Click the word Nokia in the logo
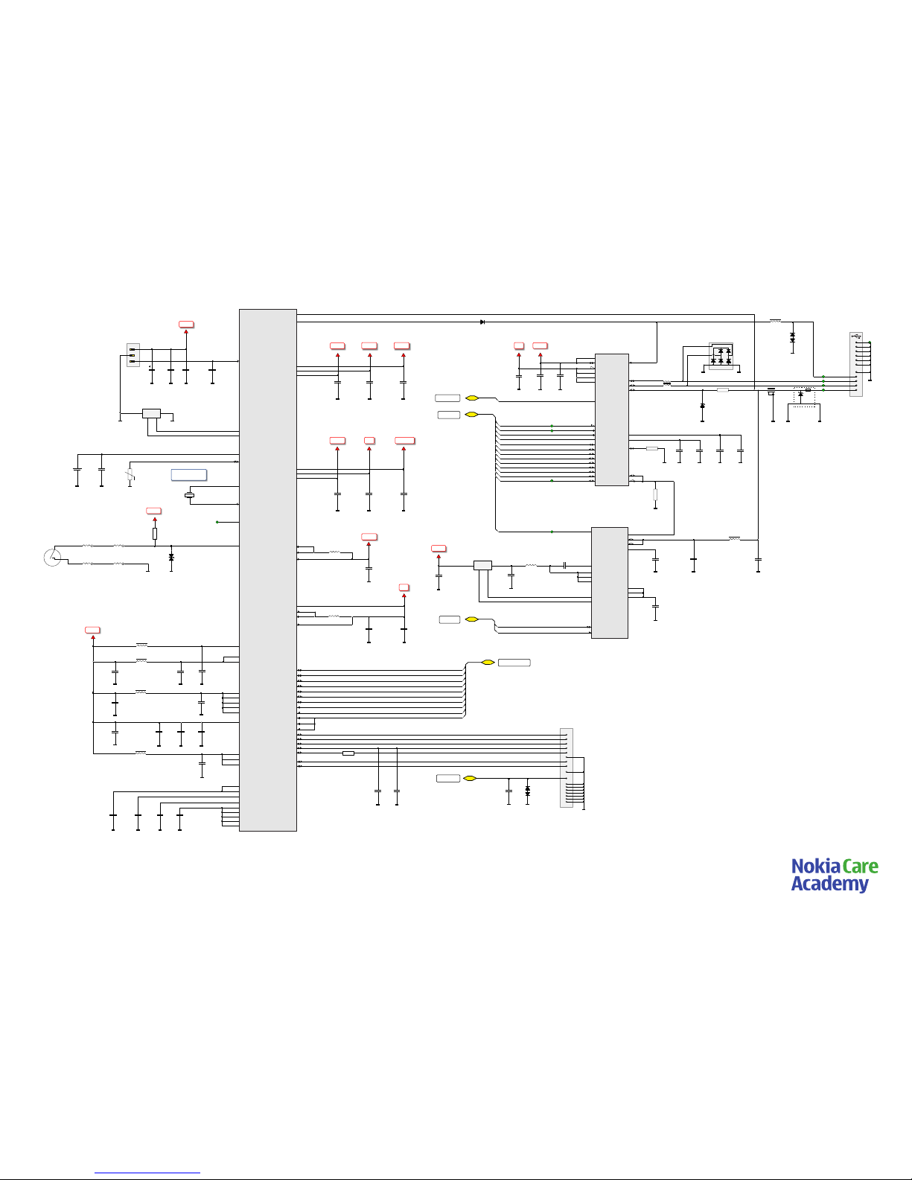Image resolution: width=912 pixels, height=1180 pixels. tap(815, 867)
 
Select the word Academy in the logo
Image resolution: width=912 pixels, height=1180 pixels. tap(829, 884)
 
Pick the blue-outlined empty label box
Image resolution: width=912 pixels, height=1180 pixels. tap(189, 475)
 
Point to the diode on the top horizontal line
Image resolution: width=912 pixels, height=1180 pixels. tap(483, 322)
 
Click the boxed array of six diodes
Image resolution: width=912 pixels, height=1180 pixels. tap(721, 356)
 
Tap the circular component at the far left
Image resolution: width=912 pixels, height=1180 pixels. tap(52, 557)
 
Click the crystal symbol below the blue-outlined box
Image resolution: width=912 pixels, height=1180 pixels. tap(189, 496)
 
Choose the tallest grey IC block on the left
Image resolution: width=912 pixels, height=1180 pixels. tap(268, 570)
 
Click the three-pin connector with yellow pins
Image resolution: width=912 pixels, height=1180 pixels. tap(133, 356)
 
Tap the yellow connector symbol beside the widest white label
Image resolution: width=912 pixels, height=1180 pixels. tap(488, 663)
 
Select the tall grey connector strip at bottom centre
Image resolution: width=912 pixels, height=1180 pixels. tap(567, 768)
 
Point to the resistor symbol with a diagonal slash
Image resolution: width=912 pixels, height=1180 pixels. tap(130, 473)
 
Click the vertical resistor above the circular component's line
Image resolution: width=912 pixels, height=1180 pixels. tap(155, 533)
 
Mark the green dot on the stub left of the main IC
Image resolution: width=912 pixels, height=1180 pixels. tap(217, 522)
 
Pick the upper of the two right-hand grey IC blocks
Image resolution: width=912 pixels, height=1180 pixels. tap(612, 420)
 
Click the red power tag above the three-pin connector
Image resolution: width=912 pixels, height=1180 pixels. tap(186, 325)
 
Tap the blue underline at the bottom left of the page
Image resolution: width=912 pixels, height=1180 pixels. tap(147, 1173)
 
